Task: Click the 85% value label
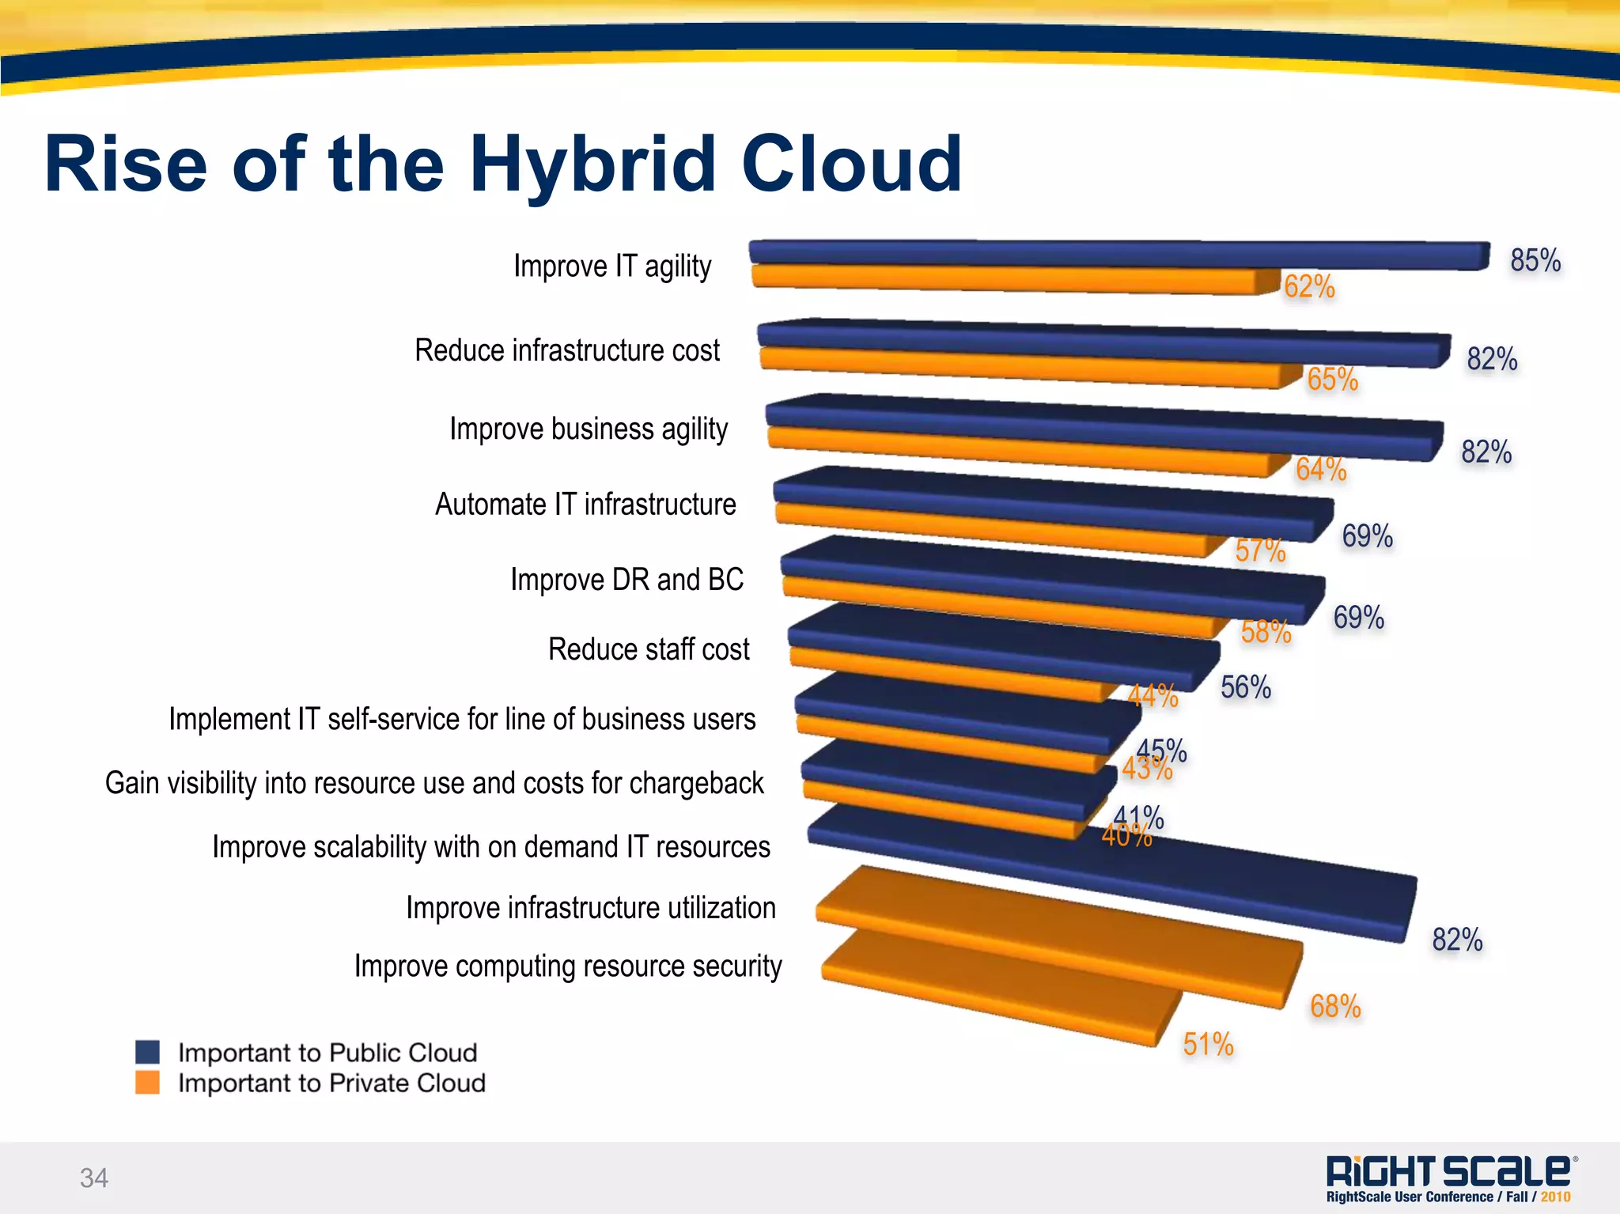[1535, 260]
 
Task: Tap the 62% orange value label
[1309, 286]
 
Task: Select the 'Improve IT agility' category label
[612, 267]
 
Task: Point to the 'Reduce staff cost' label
[649, 649]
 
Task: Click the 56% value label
[1246, 687]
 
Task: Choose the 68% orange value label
[1335, 1006]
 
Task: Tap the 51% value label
[1208, 1044]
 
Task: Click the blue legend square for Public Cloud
[148, 1052]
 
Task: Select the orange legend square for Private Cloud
[148, 1082]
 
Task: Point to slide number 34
[94, 1178]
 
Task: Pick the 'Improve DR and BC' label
[626, 580]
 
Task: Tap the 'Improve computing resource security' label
[568, 966]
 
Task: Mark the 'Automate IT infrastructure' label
[585, 505]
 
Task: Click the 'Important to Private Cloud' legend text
[331, 1083]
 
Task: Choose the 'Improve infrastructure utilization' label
[591, 908]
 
